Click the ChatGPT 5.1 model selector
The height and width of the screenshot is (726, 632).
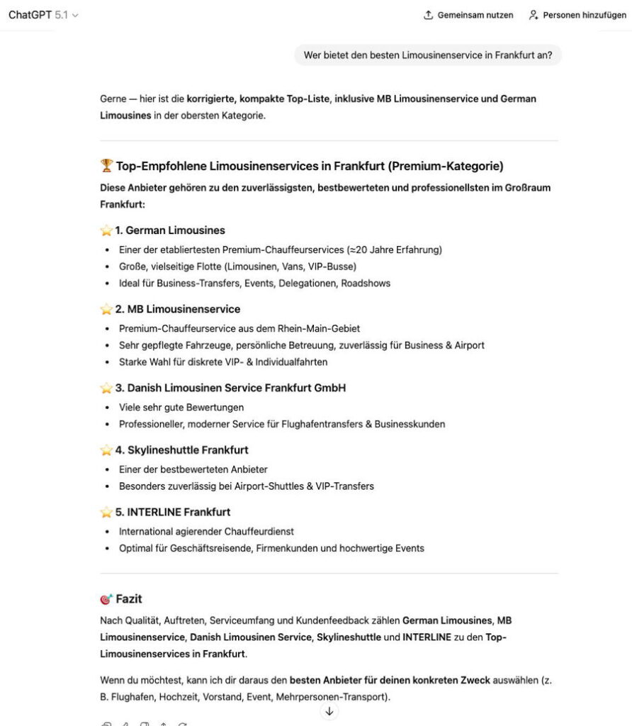[x=43, y=15]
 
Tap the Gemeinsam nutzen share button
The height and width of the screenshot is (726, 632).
[x=468, y=15]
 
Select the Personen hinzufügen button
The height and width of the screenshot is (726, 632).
[x=577, y=15]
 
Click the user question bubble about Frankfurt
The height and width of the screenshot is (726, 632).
[x=427, y=55]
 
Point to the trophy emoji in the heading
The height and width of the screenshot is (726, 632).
[x=106, y=166]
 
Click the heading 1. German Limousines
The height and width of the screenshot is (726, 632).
[x=169, y=230]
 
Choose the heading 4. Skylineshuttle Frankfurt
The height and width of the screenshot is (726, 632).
[x=181, y=449]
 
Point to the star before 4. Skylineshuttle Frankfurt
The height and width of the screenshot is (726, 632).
[x=106, y=450]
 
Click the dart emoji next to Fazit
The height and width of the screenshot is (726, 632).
[x=106, y=599]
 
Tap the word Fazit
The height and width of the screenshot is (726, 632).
[x=129, y=599]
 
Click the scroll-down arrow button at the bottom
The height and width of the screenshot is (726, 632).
[x=329, y=711]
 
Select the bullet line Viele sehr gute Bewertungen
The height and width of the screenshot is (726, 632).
[x=181, y=407]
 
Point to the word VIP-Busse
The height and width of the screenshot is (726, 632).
[x=332, y=267]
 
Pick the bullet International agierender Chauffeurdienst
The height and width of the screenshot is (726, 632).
[x=206, y=531]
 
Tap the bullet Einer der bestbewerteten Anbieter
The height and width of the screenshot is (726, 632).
[x=193, y=469]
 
